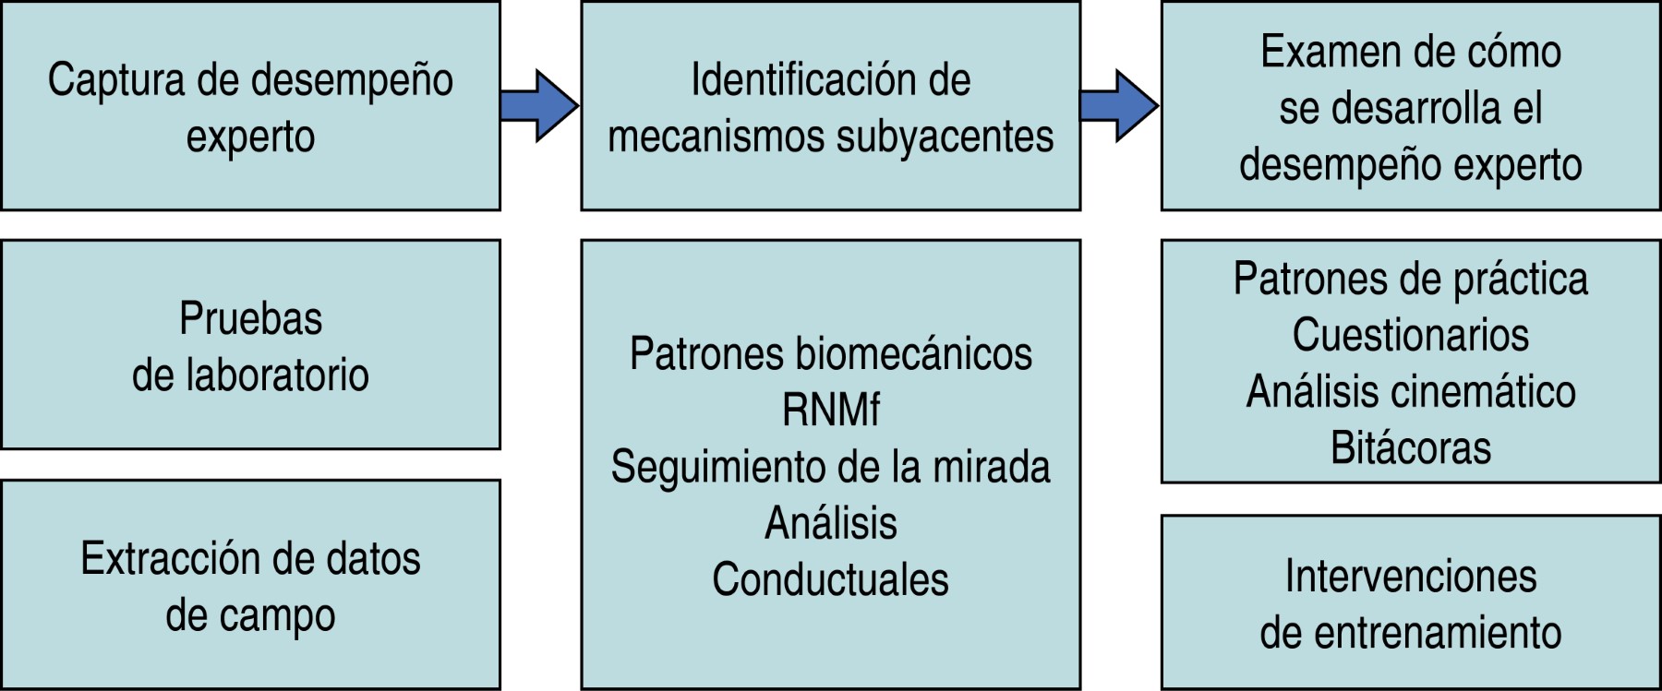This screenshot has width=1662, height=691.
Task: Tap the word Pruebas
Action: tap(250, 319)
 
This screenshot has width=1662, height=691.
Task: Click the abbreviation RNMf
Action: tap(831, 411)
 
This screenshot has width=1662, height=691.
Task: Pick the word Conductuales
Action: tap(830, 580)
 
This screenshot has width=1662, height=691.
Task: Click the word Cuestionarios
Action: tap(1410, 335)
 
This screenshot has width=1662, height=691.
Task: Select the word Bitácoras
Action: tap(1410, 448)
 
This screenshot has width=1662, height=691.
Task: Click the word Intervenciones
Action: tap(1410, 578)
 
